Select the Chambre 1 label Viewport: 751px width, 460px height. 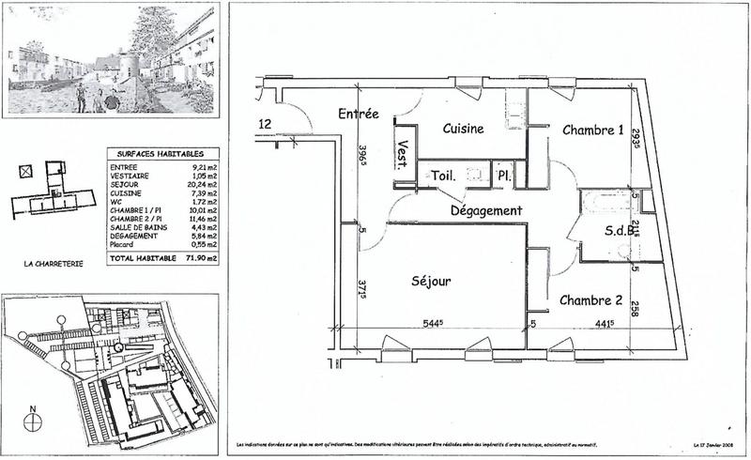click(592, 130)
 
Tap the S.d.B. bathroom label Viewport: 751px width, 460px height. click(612, 229)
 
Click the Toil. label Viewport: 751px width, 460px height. click(443, 176)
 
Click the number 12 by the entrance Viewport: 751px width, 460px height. click(265, 123)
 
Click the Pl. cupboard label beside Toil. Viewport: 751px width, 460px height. click(503, 176)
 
